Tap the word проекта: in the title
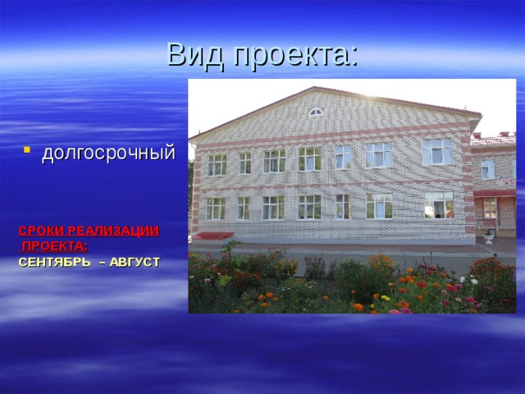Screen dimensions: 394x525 (x=294, y=54)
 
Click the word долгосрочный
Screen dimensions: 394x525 (x=108, y=152)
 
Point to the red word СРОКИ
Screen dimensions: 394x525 (x=38, y=231)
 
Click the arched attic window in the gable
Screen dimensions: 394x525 (x=316, y=112)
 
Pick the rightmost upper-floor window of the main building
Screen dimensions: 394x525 (x=436, y=151)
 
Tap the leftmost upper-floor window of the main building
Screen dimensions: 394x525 (x=217, y=164)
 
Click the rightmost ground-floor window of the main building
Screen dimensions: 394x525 (x=439, y=204)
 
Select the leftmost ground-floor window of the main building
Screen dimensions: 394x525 (x=216, y=208)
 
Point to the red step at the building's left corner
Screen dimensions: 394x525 (x=214, y=236)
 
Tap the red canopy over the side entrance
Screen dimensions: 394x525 (x=495, y=194)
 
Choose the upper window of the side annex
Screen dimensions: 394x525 (x=488, y=170)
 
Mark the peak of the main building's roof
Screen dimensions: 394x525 (x=314, y=88)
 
